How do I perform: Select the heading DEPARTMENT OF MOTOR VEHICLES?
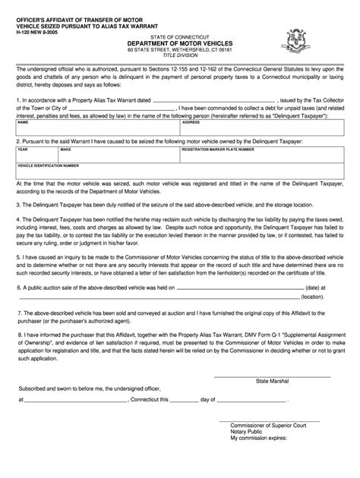179,44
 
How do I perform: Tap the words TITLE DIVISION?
179,58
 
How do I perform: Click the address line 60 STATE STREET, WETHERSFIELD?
179,51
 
